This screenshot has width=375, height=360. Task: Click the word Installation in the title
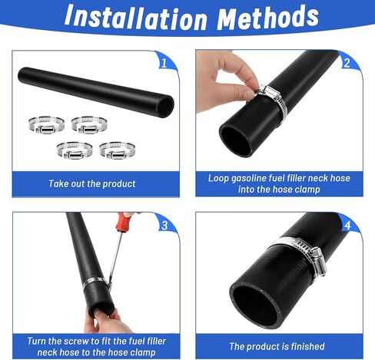pos(135,17)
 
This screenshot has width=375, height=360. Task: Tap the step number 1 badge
pos(164,63)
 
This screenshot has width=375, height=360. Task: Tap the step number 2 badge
pos(347,63)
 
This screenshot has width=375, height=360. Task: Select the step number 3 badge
pos(164,225)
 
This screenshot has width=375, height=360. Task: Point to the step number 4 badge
pos(347,226)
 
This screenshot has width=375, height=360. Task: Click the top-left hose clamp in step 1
pos(46,124)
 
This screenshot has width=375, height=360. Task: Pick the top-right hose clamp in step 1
pos(89,124)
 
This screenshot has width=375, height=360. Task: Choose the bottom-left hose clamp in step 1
pos(75,150)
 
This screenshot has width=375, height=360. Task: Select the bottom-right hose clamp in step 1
pos(117,150)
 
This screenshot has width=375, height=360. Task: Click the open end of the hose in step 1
pos(165,106)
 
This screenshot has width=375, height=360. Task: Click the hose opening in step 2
pos(236,140)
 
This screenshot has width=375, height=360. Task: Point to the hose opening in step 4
pos(256,306)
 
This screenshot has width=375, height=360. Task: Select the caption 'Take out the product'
pos(92,183)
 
